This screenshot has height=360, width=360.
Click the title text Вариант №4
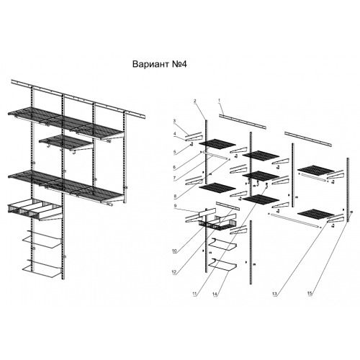point(159,64)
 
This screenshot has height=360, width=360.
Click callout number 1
point(219,101)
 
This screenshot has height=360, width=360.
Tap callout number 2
point(195,101)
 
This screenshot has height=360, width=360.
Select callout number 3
point(175,121)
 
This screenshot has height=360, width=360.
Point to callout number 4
point(175,133)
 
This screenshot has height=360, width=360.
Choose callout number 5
point(175,152)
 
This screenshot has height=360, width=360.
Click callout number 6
point(175,167)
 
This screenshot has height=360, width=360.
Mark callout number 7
point(175,178)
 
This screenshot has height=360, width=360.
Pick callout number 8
point(175,197)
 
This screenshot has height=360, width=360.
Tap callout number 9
point(175,206)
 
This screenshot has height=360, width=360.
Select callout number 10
point(174,251)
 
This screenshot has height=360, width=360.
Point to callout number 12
point(174,272)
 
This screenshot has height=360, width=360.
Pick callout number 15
point(310,293)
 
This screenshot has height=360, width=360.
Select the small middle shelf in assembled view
point(66,143)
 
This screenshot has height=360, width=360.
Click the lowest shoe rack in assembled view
point(42,269)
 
